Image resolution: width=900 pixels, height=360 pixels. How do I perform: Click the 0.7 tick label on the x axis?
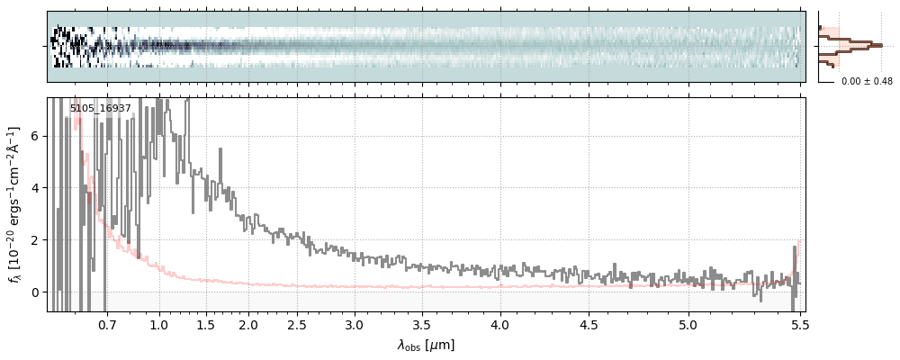tap(107, 324)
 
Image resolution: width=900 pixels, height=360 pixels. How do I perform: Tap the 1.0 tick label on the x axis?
tap(159, 324)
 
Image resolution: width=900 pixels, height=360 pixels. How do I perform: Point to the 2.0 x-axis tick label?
tap(248, 324)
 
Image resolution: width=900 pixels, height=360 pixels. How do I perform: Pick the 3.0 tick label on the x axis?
tap(355, 324)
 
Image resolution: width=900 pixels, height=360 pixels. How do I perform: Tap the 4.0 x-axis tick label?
tap(501, 324)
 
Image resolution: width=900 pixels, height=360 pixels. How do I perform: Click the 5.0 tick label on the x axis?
tap(688, 324)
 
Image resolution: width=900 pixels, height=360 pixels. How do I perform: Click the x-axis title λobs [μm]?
tap(426, 345)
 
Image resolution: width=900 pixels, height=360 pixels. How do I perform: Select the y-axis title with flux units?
tap(16, 205)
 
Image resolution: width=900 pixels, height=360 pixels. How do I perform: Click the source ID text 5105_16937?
tap(101, 108)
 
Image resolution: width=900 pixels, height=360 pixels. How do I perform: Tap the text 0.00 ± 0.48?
tap(867, 82)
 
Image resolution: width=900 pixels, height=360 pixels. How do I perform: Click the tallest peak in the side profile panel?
tap(878, 44)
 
